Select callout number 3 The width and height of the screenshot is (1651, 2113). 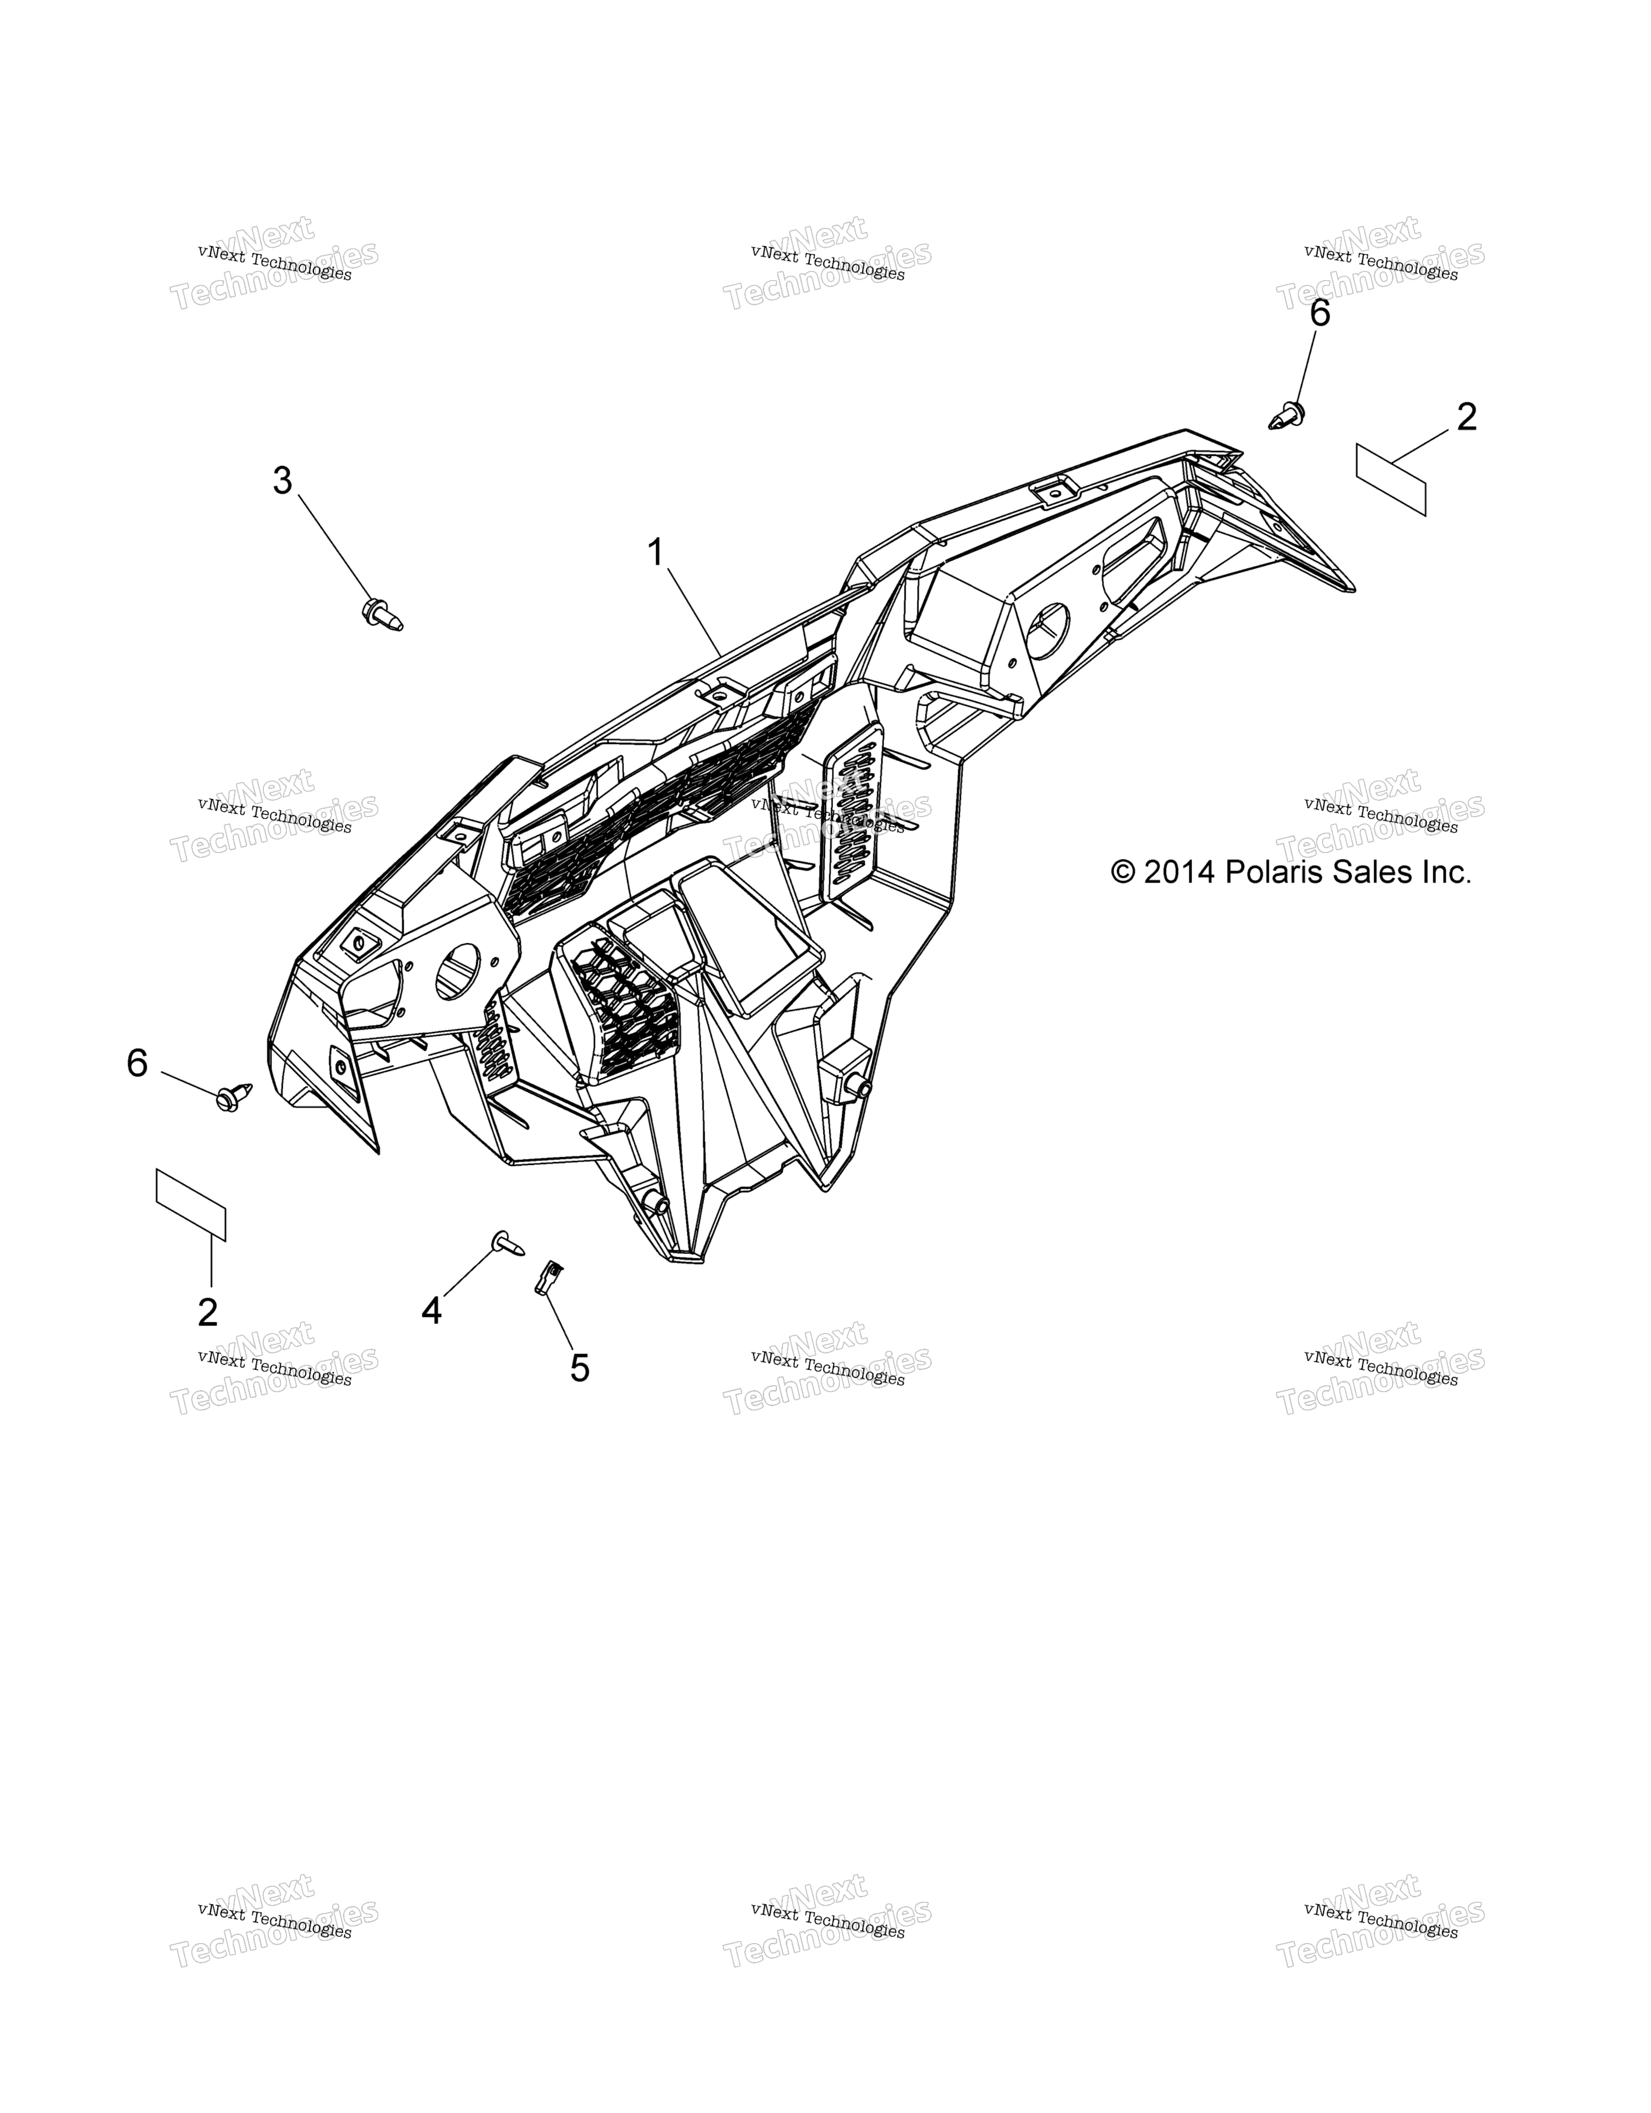pyautogui.click(x=282, y=481)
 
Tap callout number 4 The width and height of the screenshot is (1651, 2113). pyautogui.click(x=432, y=1311)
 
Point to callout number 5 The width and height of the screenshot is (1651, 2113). pyautogui.click(x=579, y=1368)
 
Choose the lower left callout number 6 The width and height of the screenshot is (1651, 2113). pyautogui.click(x=138, y=1063)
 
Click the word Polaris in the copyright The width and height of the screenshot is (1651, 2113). pyautogui.click(x=1279, y=873)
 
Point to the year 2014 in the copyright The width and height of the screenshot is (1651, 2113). pyautogui.click(x=1180, y=873)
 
